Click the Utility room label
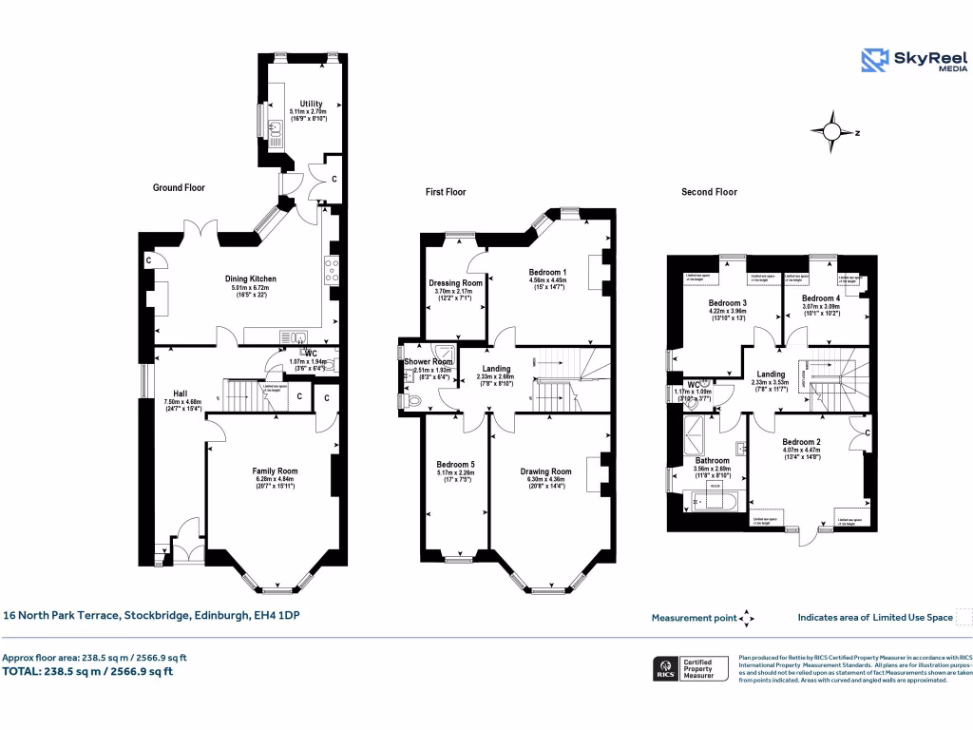point(311,104)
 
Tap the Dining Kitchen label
point(251,279)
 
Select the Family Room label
point(275,471)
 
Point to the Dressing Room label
point(457,283)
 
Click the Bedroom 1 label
point(547,273)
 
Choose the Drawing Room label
point(546,471)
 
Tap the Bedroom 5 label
point(456,465)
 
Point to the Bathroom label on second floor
point(712,461)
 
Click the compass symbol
point(832,133)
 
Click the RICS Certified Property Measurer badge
point(691,668)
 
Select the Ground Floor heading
point(179,188)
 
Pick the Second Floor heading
point(709,192)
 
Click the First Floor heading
point(446,192)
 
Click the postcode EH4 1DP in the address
point(277,616)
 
